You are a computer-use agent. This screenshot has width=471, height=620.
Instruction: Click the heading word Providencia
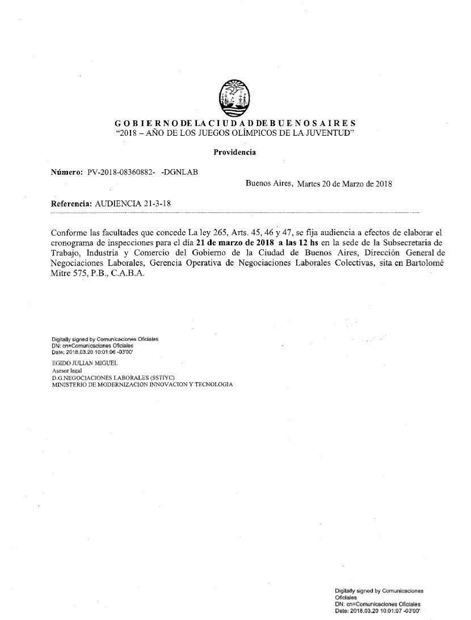pos(234,152)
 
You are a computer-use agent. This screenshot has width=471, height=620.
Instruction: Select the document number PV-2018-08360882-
pos(121,173)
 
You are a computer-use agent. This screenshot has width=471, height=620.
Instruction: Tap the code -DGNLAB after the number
pos(180,173)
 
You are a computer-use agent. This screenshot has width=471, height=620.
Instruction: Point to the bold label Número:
pos(67,173)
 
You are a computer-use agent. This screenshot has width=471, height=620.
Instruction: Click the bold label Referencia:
pos(72,203)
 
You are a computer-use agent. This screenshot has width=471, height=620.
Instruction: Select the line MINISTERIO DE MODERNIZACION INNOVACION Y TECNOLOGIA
pos(142,384)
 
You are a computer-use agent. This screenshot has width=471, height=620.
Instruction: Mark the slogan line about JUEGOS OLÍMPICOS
pos(234,132)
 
